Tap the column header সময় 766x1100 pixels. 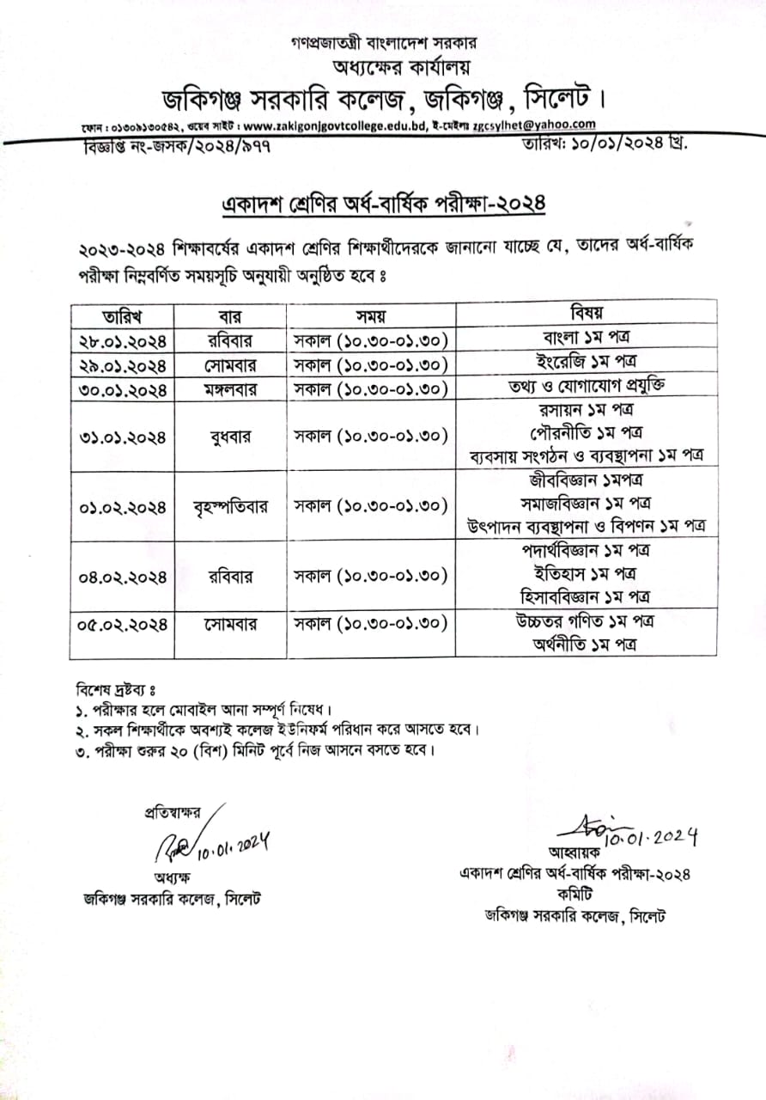click(371, 315)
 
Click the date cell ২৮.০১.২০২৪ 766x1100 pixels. click(121, 340)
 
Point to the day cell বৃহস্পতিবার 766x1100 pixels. click(230, 506)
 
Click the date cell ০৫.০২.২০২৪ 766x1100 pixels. click(121, 622)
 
